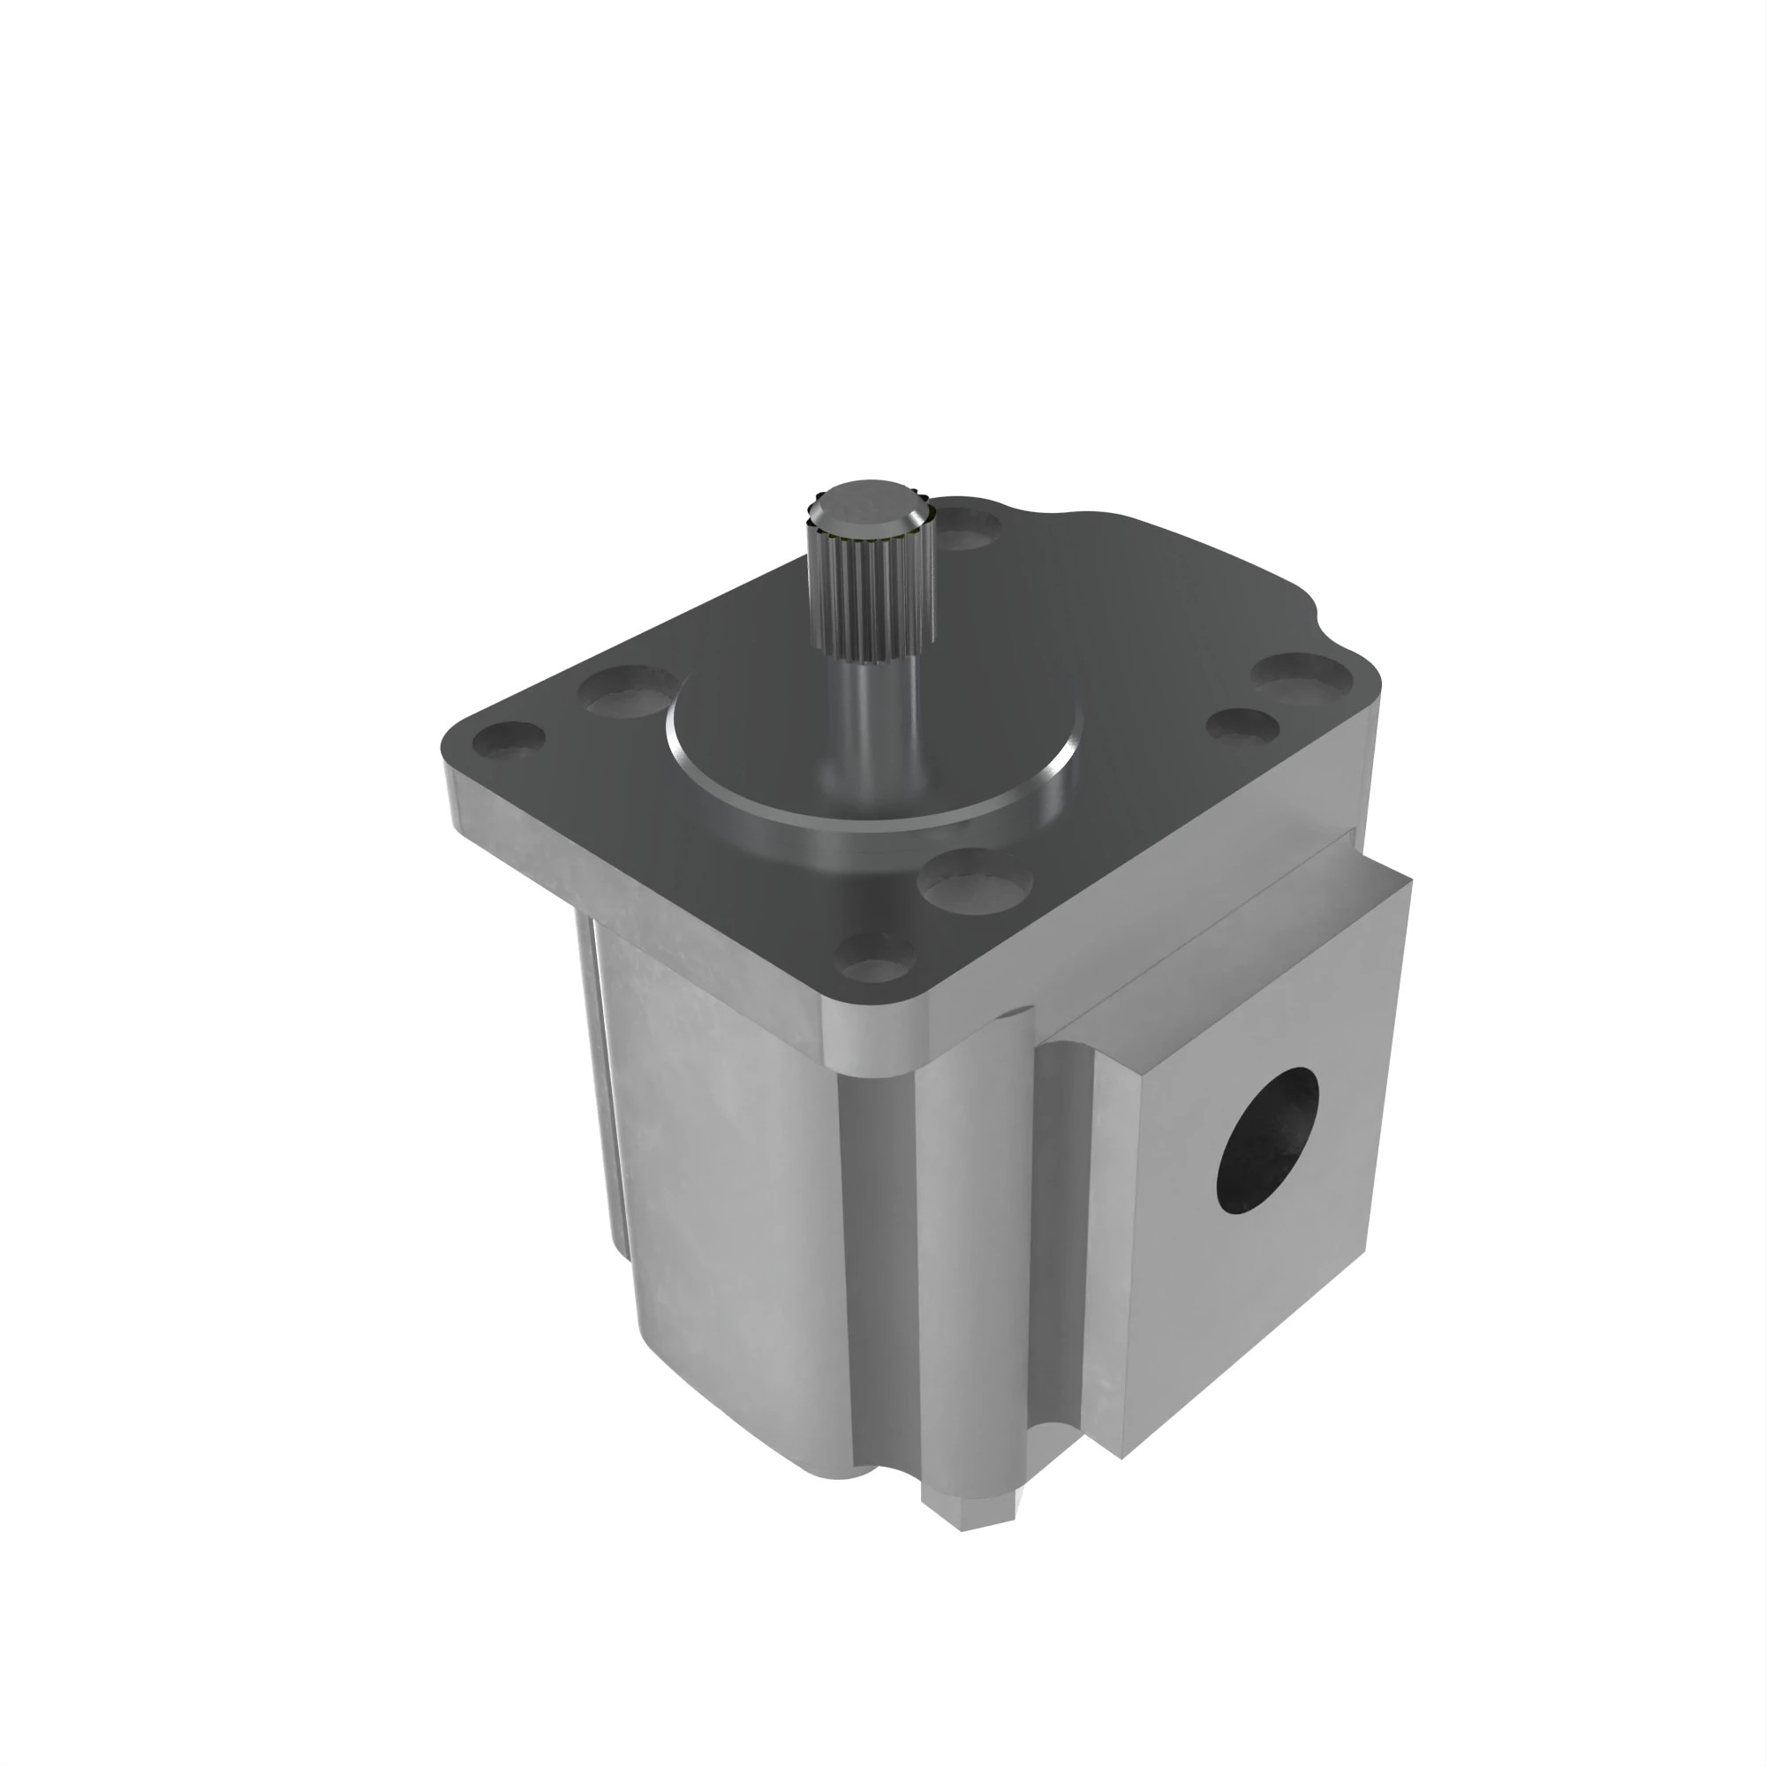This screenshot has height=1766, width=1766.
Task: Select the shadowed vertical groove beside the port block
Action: point(1060,1279)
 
